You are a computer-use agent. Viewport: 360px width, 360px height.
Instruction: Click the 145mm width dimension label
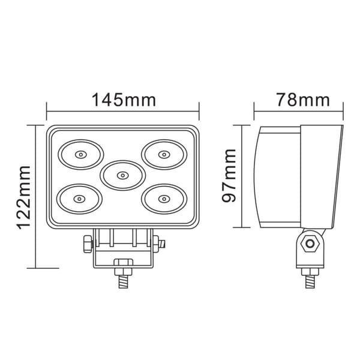coord(124,100)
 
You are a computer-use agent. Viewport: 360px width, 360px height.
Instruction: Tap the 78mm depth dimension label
coord(303,100)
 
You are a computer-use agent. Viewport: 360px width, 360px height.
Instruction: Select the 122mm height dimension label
coord(23,197)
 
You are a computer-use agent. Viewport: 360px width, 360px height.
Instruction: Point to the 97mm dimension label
coord(229,176)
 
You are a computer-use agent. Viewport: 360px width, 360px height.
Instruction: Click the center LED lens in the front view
coord(123,175)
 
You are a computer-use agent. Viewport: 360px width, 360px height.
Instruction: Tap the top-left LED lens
coord(81,155)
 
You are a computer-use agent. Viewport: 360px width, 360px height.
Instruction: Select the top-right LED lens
coord(164,154)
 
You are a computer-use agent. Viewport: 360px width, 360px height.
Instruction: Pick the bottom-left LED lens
coord(79,199)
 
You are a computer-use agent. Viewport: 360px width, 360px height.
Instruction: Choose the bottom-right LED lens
coord(164,199)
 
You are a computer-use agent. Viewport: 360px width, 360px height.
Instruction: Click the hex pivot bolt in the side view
coord(310,243)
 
